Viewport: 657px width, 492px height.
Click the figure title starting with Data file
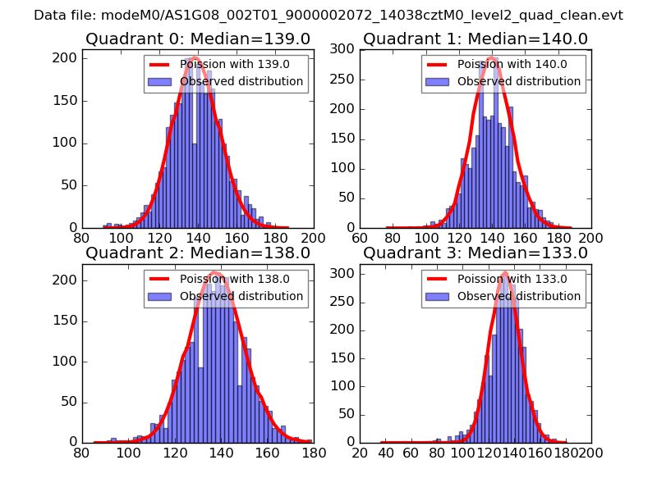click(328, 16)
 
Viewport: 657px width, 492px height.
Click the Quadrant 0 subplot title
click(197, 39)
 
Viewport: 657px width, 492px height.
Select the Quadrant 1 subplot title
click(476, 39)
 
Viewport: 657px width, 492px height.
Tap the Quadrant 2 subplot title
click(197, 253)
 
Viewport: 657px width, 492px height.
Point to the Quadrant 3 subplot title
click(476, 253)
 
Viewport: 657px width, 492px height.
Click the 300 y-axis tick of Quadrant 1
click(345, 49)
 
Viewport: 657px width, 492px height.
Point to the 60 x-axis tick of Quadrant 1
click(360, 238)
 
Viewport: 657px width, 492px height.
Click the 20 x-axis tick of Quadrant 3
click(360, 452)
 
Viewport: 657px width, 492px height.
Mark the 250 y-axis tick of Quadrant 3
click(345, 306)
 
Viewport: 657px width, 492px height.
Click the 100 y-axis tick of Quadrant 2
click(67, 361)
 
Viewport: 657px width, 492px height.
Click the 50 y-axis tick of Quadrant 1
click(348, 198)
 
